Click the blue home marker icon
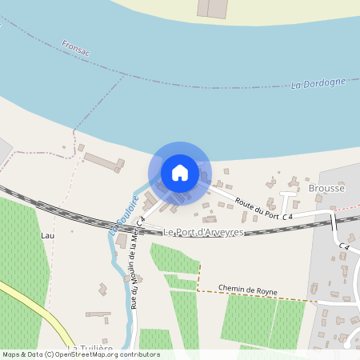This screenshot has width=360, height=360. (x=180, y=173)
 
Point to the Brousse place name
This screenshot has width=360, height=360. (x=326, y=189)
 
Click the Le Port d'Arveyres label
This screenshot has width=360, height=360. (x=202, y=232)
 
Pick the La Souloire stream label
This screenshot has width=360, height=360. (x=125, y=214)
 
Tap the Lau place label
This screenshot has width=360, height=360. (x=47, y=236)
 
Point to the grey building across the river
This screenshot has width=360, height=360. (x=212, y=8)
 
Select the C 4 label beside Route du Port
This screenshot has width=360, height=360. (x=288, y=217)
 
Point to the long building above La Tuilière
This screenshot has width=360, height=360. (x=98, y=314)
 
